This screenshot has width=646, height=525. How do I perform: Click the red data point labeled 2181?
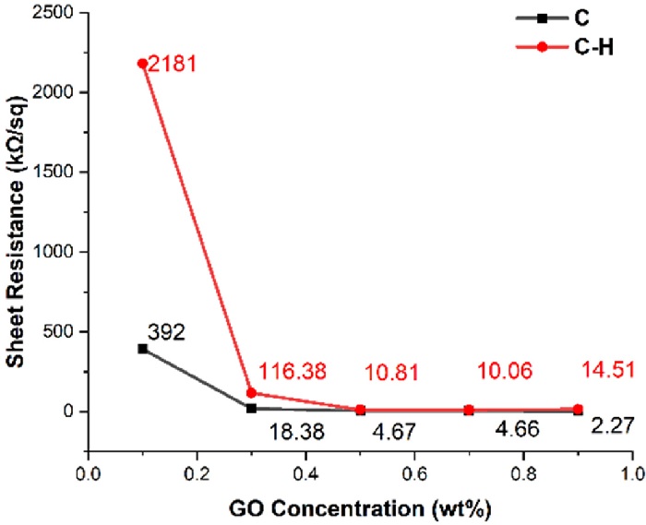click(x=142, y=64)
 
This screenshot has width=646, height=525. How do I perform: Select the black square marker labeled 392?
click(x=142, y=348)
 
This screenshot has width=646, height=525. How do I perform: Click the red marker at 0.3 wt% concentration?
click(x=251, y=393)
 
